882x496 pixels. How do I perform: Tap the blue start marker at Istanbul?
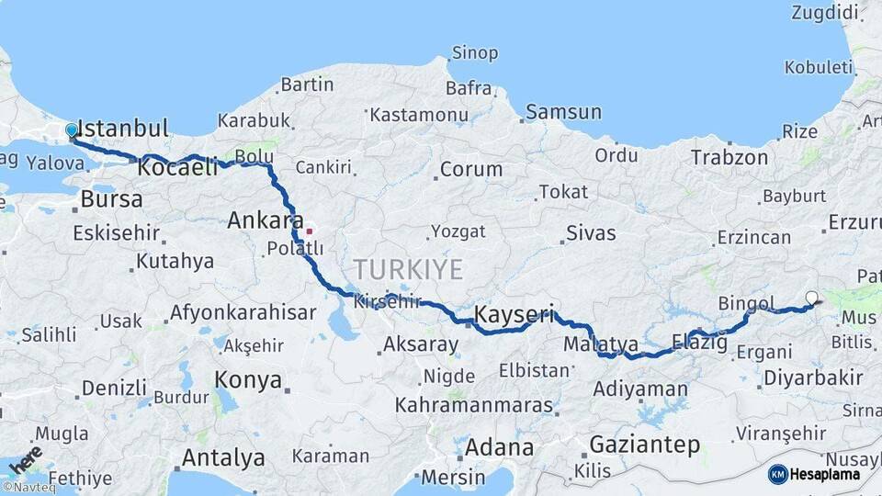pyautogui.click(x=72, y=131)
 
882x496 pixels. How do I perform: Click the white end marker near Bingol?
pyautogui.click(x=811, y=297)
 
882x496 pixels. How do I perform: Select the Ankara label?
pyautogui.click(x=266, y=220)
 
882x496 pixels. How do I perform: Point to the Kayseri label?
pyautogui.click(x=514, y=314)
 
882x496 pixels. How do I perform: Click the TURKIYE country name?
pyautogui.click(x=409, y=269)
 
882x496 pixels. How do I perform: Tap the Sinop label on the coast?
pyautogui.click(x=475, y=54)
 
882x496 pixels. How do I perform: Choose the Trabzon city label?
pyautogui.click(x=729, y=157)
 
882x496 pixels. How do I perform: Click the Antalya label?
pyautogui.click(x=223, y=457)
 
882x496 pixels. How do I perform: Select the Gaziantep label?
pyautogui.click(x=644, y=445)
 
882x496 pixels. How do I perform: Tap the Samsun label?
pyautogui.click(x=564, y=112)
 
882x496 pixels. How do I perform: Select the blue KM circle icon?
pyautogui.click(x=778, y=474)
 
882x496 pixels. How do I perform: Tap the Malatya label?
pyautogui.click(x=601, y=344)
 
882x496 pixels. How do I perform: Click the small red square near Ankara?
pyautogui.click(x=311, y=231)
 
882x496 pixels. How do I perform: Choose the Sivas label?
pyautogui.click(x=591, y=232)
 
